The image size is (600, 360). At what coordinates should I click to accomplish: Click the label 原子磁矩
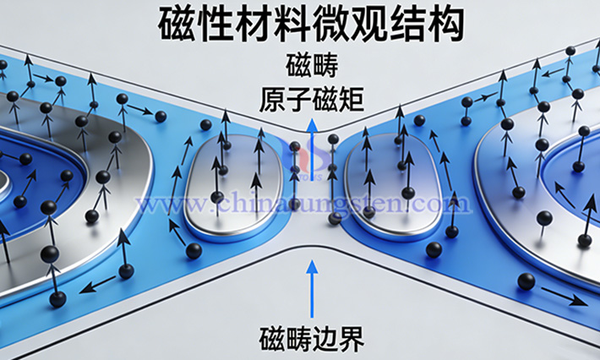click(x=312, y=101)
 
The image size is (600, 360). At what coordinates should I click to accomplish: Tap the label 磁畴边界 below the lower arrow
click(x=312, y=338)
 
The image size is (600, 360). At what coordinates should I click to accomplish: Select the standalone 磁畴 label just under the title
click(x=312, y=65)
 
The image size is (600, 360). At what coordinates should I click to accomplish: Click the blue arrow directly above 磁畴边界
click(x=312, y=289)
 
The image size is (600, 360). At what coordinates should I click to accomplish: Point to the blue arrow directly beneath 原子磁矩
click(x=313, y=150)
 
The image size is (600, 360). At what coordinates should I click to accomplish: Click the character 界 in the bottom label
click(x=352, y=338)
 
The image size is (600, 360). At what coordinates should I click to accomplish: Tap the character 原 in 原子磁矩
click(x=272, y=101)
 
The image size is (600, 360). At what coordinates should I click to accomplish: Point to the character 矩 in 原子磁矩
click(x=352, y=101)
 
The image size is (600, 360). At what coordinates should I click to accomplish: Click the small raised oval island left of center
click(x=234, y=186)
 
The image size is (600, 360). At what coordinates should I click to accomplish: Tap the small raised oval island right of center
click(x=393, y=186)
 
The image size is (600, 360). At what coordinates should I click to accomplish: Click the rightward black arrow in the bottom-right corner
click(x=564, y=296)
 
